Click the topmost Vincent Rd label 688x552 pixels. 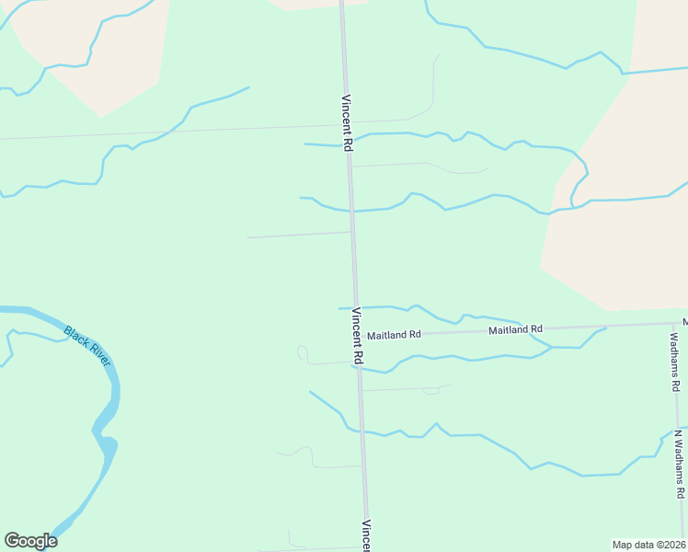point(347,123)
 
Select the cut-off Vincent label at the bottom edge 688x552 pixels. point(365,536)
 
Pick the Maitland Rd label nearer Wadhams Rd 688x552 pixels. point(515,329)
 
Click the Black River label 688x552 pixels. point(87,346)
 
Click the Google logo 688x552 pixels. point(30,541)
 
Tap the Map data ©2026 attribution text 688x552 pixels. point(649,545)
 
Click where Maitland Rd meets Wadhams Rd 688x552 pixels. point(672,324)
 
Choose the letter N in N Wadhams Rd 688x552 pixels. point(677,433)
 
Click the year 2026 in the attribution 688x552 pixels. point(671,545)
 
